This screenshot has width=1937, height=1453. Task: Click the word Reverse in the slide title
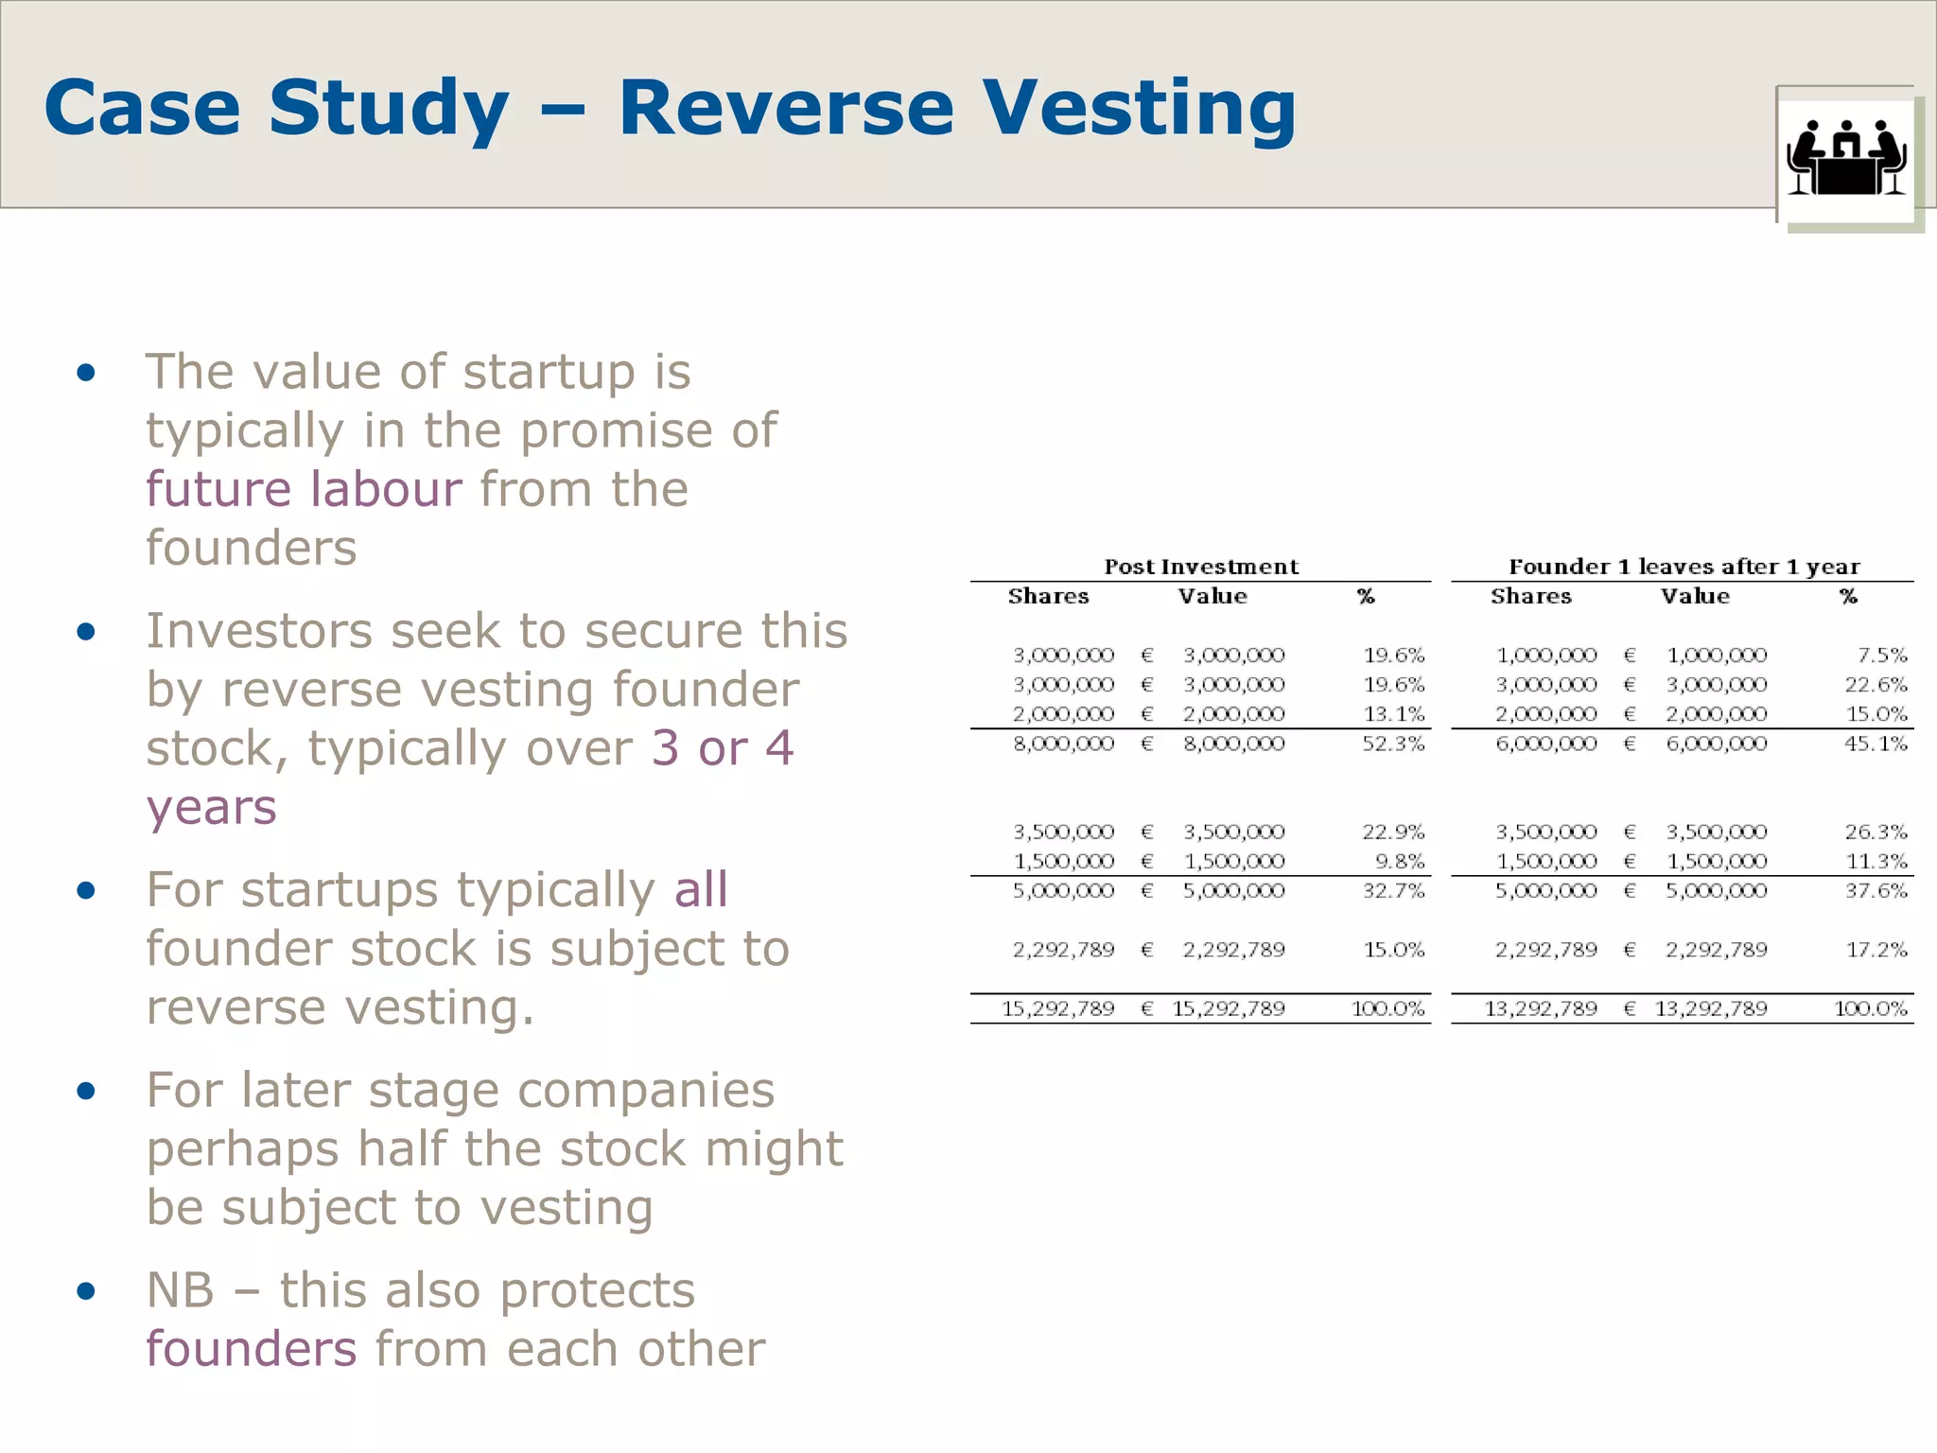click(785, 108)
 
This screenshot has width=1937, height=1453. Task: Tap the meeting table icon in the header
click(1846, 158)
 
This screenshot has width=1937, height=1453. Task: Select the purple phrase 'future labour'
click(304, 489)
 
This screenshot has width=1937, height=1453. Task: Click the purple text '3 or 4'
click(723, 748)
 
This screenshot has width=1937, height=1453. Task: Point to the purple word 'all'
click(701, 889)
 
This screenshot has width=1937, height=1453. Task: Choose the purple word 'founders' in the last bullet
click(252, 1348)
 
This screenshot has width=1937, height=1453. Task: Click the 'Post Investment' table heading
click(1201, 567)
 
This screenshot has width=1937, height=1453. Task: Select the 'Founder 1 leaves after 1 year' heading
click(1684, 567)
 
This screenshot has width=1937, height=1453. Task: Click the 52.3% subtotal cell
click(1393, 744)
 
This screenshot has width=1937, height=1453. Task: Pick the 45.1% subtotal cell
click(1876, 744)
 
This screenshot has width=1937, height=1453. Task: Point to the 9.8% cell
click(1400, 861)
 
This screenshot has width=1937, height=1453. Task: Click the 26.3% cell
click(1876, 832)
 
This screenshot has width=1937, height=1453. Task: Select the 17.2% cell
click(1876, 949)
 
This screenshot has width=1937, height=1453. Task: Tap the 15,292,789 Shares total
click(1057, 1008)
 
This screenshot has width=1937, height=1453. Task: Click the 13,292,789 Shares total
click(1540, 1008)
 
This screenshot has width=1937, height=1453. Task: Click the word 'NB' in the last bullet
click(180, 1290)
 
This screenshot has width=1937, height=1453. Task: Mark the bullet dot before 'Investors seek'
click(86, 632)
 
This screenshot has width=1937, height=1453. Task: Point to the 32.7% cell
click(1393, 890)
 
